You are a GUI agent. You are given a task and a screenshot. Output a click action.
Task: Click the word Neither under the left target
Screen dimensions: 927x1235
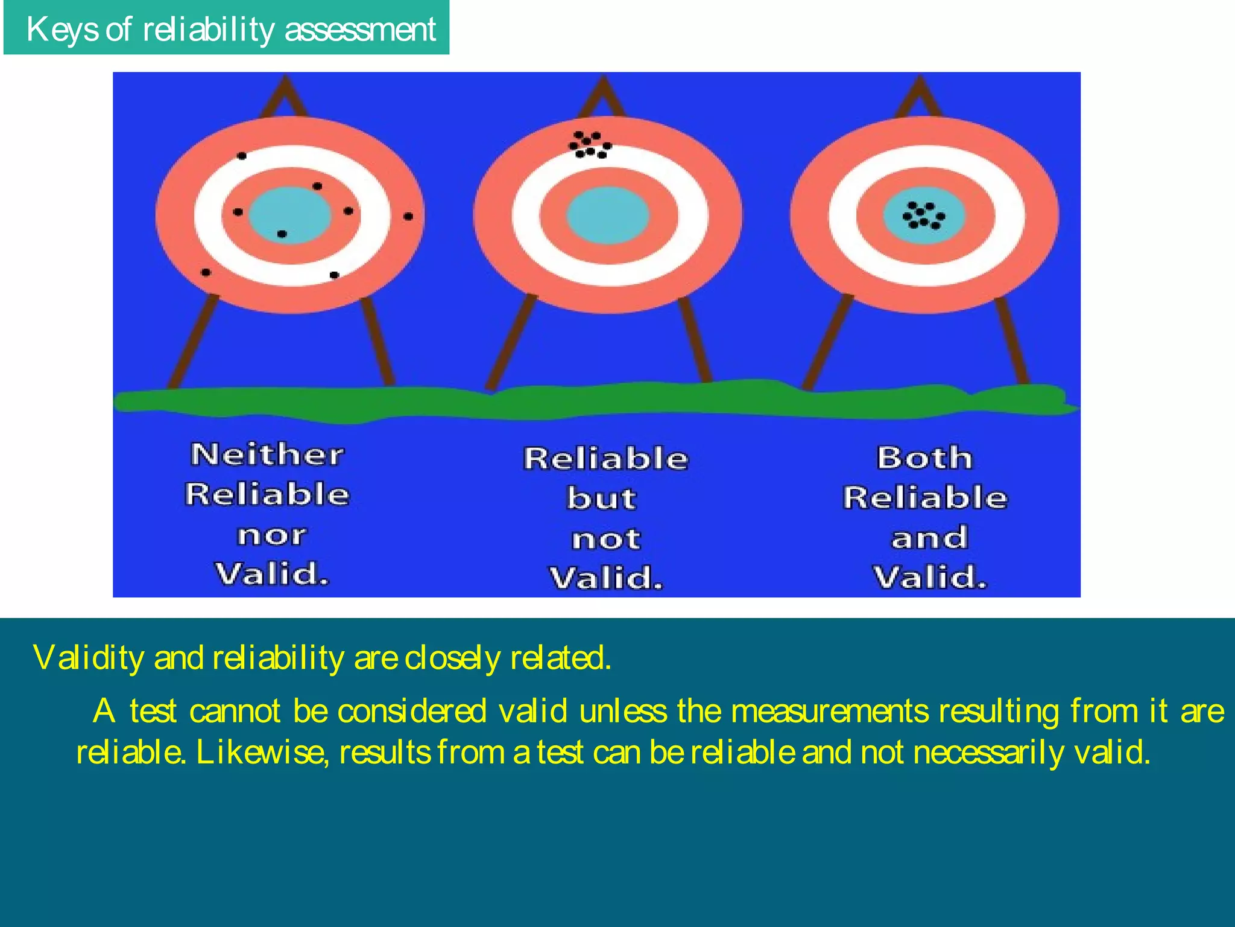267,454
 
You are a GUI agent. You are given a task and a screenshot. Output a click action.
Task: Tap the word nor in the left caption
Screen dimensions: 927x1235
271,535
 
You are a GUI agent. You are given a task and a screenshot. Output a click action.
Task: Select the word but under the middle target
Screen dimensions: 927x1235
601,499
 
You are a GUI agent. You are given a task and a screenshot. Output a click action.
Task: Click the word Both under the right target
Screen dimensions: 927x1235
924,457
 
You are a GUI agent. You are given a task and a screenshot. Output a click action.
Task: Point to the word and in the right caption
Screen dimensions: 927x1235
929,538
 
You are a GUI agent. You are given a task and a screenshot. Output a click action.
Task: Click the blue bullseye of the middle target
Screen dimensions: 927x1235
608,215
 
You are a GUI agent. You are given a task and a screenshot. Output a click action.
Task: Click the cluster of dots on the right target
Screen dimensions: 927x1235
923,215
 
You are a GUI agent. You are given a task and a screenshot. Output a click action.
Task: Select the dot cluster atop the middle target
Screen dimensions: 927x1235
590,145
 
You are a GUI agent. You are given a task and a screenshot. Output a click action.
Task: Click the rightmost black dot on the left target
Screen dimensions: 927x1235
408,216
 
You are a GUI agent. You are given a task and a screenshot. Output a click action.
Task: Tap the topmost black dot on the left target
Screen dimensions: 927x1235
242,156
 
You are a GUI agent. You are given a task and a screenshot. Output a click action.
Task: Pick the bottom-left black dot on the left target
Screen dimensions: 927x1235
206,272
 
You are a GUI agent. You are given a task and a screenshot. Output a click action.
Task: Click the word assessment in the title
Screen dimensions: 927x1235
360,29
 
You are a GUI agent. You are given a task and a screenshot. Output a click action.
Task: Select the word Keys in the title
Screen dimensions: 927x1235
63,29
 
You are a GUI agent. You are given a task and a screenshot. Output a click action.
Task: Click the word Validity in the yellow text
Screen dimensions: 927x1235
88,657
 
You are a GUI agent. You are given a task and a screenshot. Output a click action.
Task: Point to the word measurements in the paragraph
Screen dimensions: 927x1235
829,711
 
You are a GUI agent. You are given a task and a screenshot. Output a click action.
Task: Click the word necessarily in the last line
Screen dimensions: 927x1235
988,753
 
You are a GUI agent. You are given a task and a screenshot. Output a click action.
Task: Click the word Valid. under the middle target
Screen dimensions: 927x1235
606,578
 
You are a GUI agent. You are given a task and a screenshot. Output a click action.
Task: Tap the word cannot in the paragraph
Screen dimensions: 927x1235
235,711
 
